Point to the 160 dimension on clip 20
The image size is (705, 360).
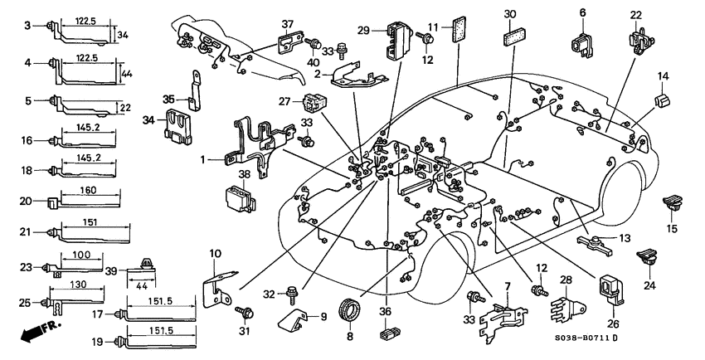pyautogui.click(x=89, y=191)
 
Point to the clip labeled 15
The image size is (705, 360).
pyautogui.click(x=670, y=199)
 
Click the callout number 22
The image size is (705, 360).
pyautogui.click(x=635, y=14)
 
